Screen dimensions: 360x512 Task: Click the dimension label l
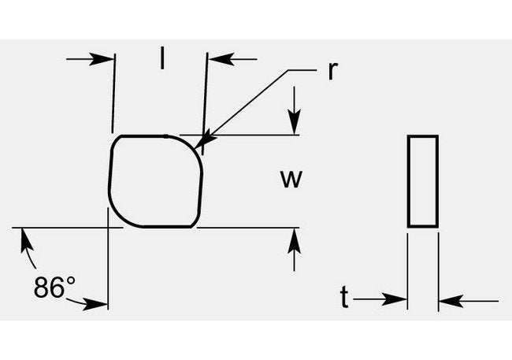(162, 58)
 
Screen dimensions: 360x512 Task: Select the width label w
(291, 180)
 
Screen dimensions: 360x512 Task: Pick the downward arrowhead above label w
(294, 124)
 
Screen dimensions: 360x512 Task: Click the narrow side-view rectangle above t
(422, 181)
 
